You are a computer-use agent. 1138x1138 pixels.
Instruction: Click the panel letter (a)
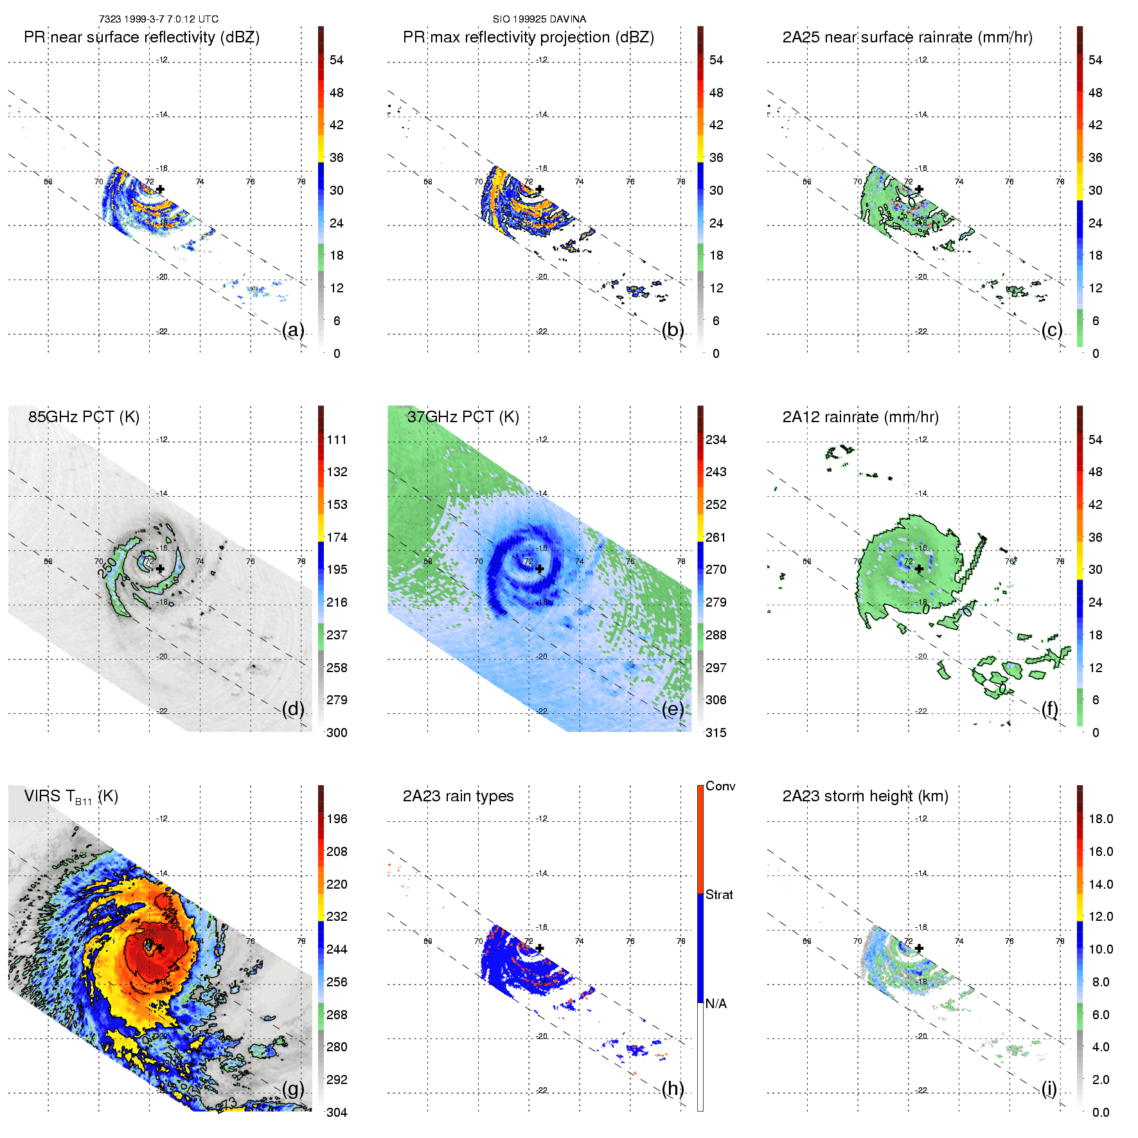coord(293,330)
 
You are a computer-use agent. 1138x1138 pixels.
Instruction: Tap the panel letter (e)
coord(673,709)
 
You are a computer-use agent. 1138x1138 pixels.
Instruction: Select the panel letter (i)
coord(1049,1089)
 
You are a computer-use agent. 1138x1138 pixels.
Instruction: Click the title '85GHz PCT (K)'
coord(84,417)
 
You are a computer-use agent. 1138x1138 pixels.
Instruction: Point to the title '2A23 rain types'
coord(458,796)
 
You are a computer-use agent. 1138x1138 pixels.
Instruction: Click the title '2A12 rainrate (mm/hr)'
coord(860,417)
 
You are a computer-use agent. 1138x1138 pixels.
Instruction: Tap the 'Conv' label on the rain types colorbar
coord(720,786)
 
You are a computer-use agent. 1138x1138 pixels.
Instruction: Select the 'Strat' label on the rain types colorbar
coord(719,894)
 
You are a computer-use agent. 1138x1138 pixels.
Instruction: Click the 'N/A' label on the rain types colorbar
coord(716,1004)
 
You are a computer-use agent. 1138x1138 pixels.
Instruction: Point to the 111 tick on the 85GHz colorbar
coord(337,440)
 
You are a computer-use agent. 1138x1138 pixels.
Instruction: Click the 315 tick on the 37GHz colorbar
coord(716,733)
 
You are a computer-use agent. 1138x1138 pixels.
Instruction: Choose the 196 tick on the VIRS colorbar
coord(337,819)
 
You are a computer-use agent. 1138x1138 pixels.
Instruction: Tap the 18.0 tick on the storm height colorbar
coord(1101,819)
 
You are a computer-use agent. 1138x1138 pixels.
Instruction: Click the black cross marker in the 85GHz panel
coord(160,569)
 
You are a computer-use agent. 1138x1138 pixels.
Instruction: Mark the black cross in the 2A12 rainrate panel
coord(920,569)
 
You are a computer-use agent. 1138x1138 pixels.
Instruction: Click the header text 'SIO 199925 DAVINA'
coord(539,19)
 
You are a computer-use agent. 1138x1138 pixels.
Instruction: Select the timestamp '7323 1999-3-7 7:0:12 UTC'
coord(159,19)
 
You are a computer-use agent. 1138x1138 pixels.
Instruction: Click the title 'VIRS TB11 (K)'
coord(71,797)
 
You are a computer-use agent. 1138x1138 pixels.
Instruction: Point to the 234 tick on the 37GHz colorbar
coord(716,440)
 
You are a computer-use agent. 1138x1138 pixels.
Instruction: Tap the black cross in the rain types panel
coord(540,948)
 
